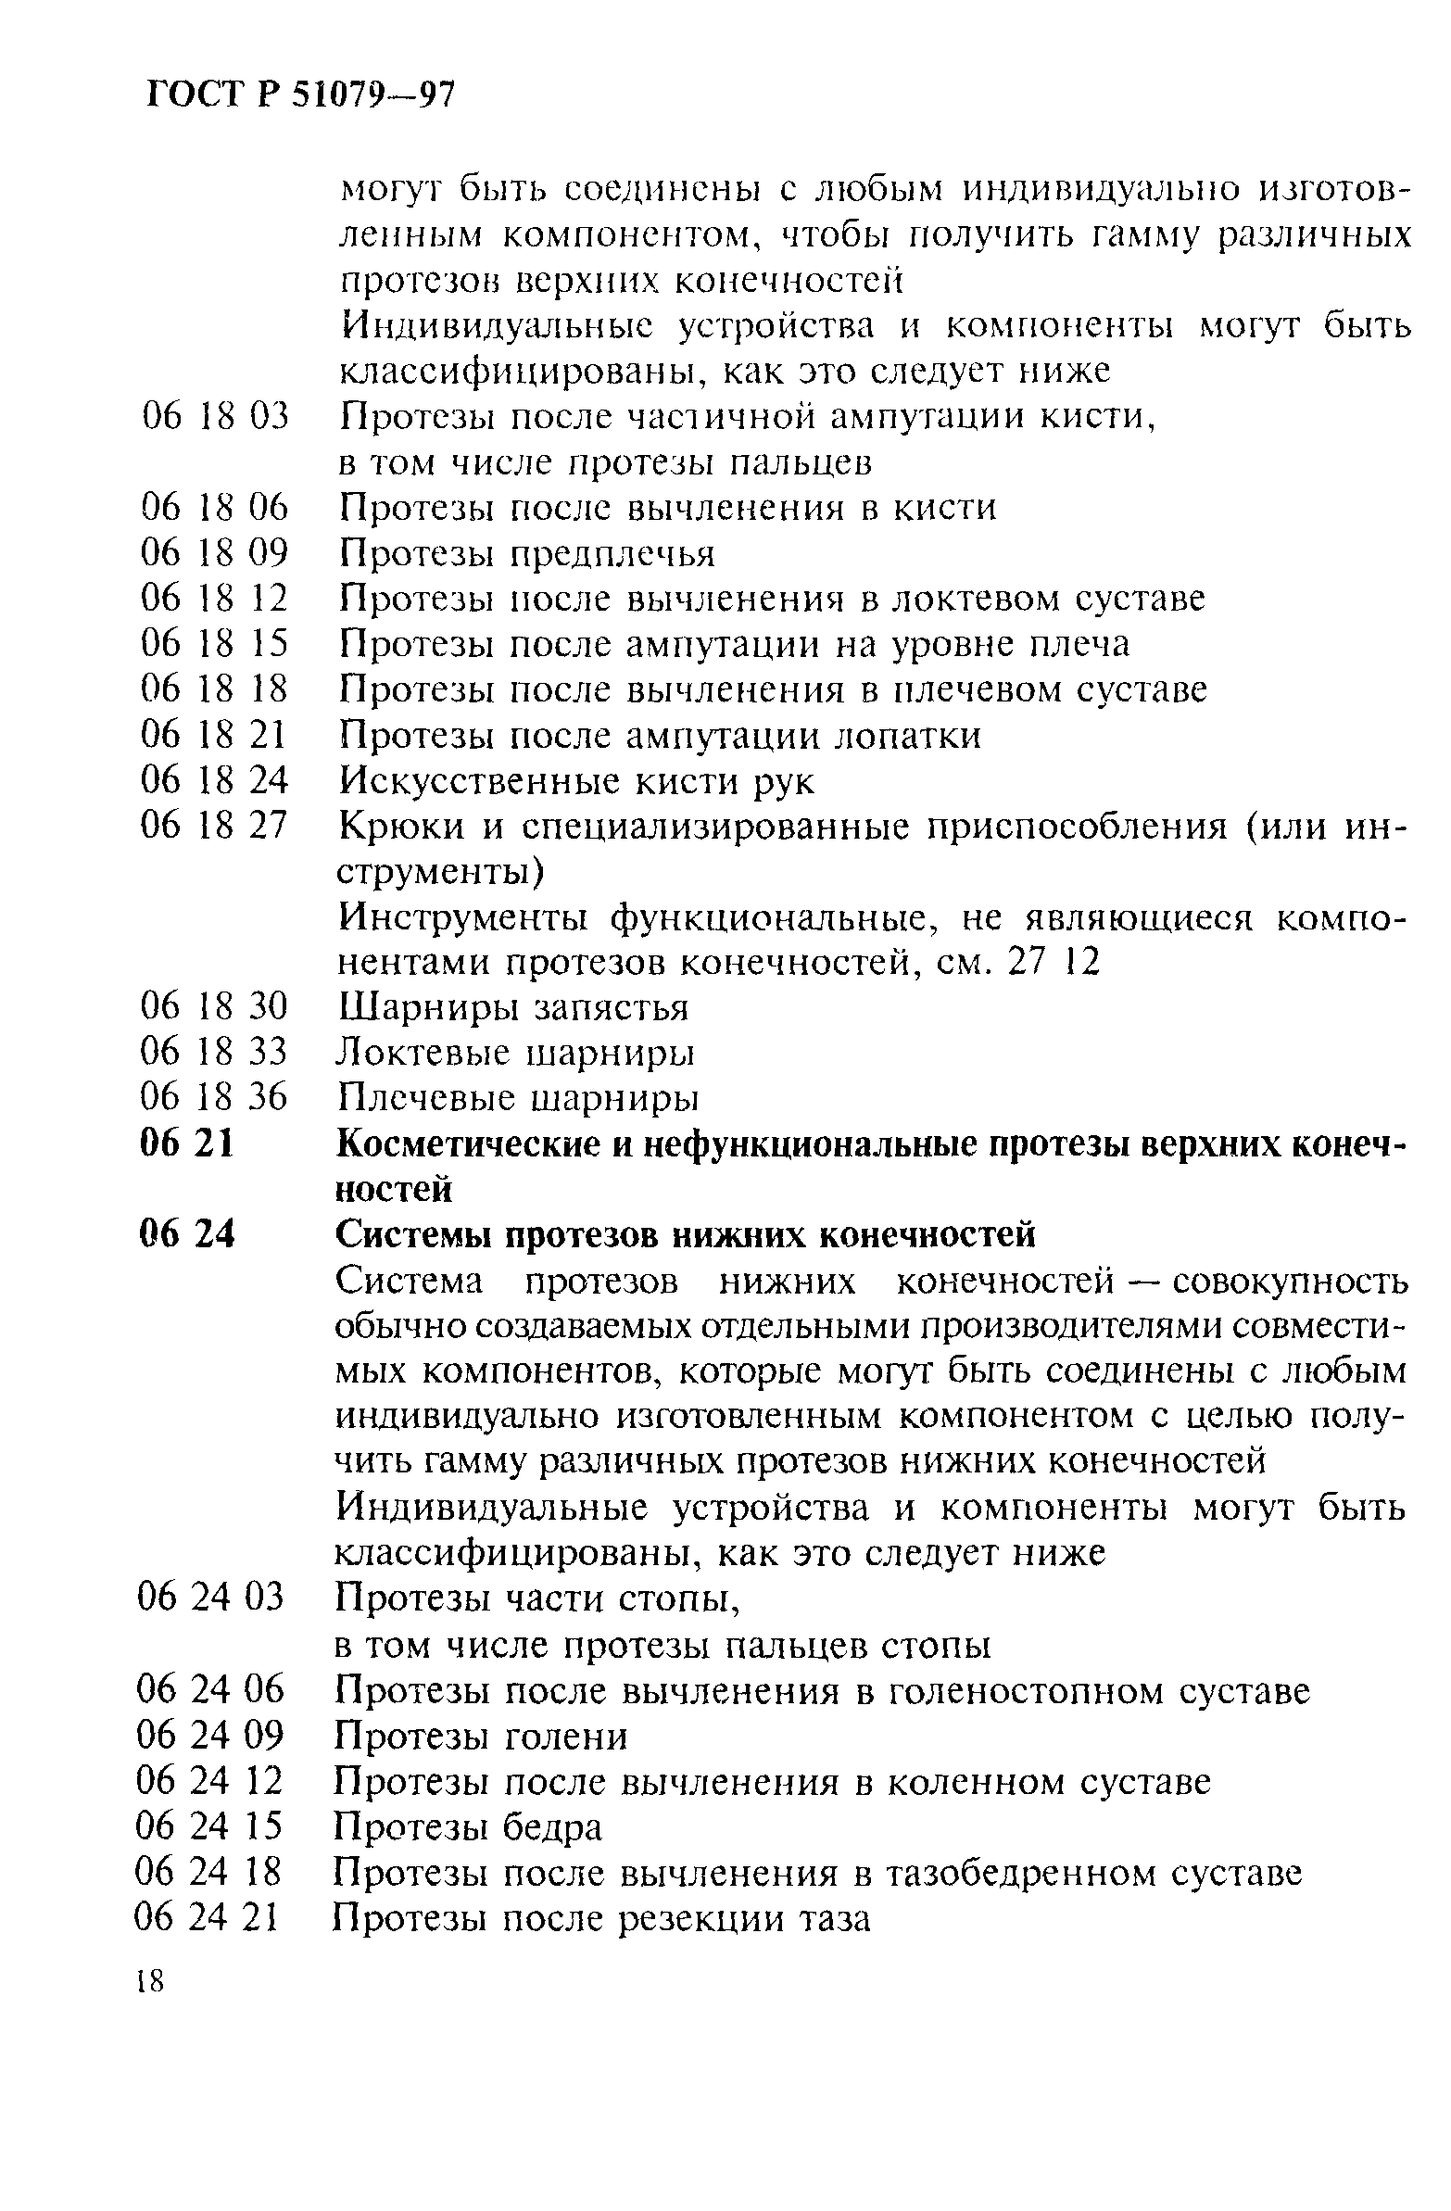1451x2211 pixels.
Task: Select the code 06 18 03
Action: point(215,416)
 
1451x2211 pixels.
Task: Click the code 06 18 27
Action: point(215,826)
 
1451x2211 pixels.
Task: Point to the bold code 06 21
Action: point(187,1144)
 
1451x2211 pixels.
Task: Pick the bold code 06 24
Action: point(187,1234)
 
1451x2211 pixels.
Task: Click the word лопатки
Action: point(909,736)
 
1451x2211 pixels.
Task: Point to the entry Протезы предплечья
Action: point(526,554)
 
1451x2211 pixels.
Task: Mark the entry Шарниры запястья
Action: point(512,1007)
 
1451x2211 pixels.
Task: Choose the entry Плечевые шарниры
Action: point(516,1098)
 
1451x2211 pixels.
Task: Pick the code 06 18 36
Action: point(214,1097)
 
